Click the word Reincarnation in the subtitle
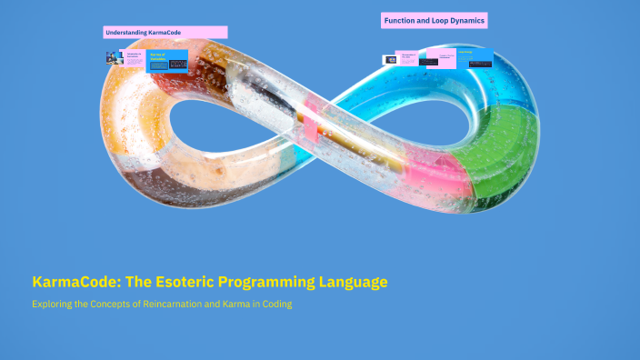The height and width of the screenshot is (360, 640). pos(174,305)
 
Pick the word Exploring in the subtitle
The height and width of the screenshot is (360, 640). pos(54,305)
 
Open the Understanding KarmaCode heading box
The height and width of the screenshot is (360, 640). pos(165,33)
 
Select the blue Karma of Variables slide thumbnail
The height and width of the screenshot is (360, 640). pos(167,61)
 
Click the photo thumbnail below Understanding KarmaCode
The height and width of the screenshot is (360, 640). pos(115,58)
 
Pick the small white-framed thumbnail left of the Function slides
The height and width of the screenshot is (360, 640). pos(390,60)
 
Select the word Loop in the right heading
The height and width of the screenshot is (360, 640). pos(439,20)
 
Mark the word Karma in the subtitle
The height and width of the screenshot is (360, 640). pos(232,305)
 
